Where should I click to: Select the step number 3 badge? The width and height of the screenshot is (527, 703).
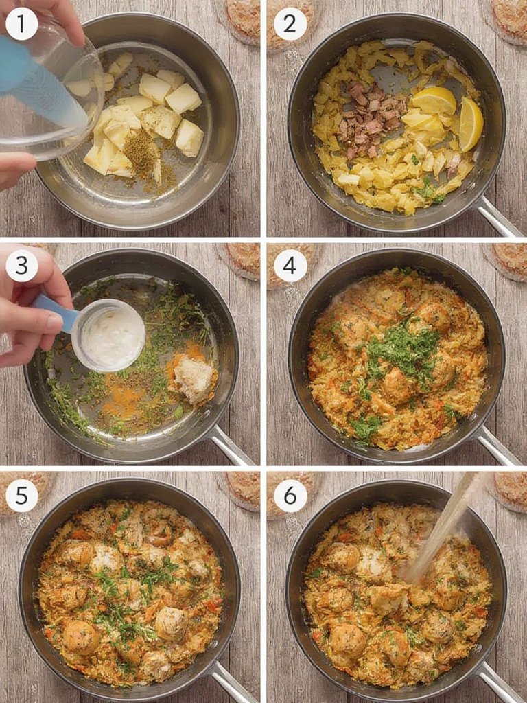coord(22,266)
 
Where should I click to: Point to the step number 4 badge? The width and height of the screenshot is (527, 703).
coord(290,266)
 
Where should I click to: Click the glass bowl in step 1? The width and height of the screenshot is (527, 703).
coord(48,96)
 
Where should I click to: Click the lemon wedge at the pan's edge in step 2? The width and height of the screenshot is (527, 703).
coord(471,124)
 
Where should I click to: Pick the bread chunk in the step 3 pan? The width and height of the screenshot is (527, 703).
coord(193,378)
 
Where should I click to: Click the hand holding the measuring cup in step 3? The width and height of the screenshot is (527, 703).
coord(31,309)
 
